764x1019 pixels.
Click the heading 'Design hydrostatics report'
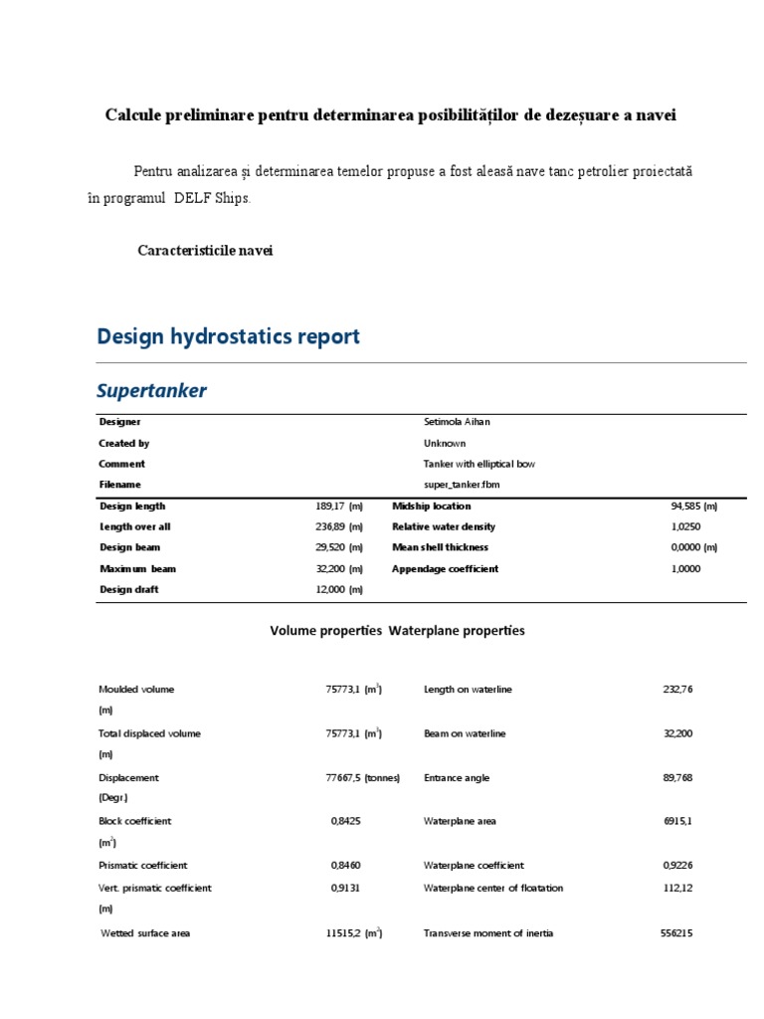pos(228,337)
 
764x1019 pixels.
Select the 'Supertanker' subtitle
pos(152,391)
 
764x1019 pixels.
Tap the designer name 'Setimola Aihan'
pos(457,422)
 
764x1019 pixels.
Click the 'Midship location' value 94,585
pos(693,506)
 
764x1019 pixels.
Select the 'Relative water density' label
pos(444,526)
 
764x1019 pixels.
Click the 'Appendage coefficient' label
pos(446,568)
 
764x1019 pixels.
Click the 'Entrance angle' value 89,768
pos(677,777)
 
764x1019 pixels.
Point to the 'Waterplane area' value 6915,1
pos(677,821)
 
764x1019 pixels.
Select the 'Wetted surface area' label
pos(146,933)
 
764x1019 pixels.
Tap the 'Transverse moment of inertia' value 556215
pos(676,933)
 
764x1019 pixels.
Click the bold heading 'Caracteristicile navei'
pos(205,250)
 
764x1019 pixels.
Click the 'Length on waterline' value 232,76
pos(677,689)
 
